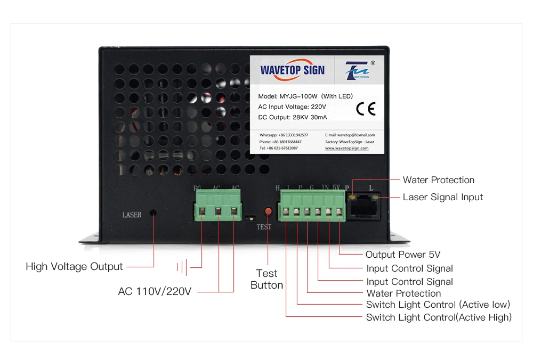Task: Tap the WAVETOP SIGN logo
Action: (292, 70)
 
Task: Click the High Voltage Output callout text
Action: (74, 266)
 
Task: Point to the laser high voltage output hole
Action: (153, 212)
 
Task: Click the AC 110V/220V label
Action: (154, 292)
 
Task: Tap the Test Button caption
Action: (266, 279)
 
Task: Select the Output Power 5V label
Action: (402, 255)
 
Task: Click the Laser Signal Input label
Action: (442, 197)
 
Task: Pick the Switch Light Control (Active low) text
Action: (438, 305)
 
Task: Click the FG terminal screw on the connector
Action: (203, 212)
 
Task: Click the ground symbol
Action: (183, 267)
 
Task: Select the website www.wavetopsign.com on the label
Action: (346, 148)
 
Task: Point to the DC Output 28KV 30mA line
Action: (292, 117)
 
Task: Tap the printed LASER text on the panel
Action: (132, 215)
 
